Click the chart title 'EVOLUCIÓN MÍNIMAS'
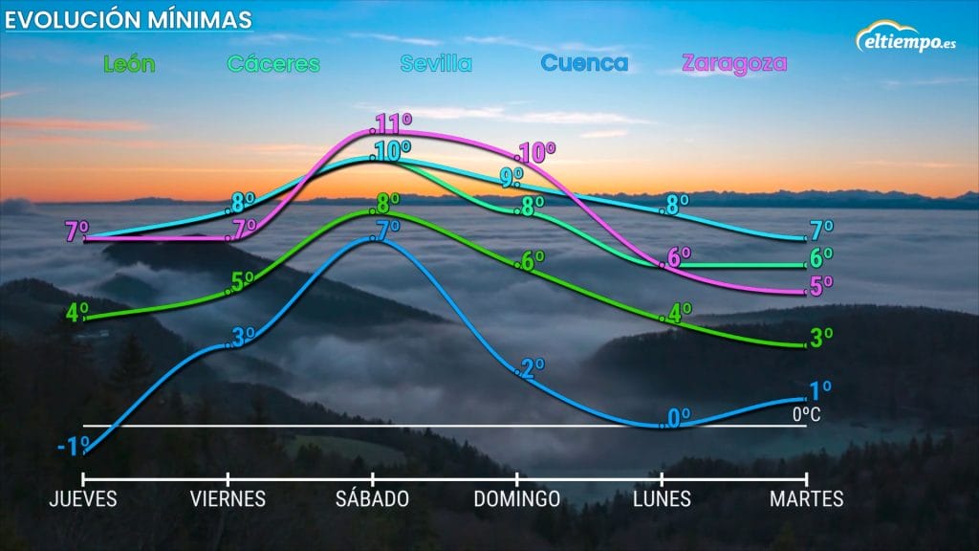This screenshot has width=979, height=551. pos(129,19)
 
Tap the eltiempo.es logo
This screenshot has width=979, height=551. pos(904,39)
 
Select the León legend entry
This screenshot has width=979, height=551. pos(128,64)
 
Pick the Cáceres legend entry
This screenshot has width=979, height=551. pos(273,64)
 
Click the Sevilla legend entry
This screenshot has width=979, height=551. pos(436,64)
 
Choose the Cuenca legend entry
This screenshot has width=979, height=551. pos(584,64)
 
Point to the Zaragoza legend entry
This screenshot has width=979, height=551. pos(734,64)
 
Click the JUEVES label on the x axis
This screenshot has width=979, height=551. pos(83,499)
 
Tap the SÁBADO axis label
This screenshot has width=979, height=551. pos(373,499)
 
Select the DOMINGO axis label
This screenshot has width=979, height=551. pos(517,499)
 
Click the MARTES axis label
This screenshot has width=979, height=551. pos(808,499)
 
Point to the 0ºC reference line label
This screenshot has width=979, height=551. pos(806,415)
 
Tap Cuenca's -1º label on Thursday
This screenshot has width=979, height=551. pos(73,446)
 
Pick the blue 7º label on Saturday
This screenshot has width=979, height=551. pos(387,230)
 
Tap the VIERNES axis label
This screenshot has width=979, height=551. pos(228,499)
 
